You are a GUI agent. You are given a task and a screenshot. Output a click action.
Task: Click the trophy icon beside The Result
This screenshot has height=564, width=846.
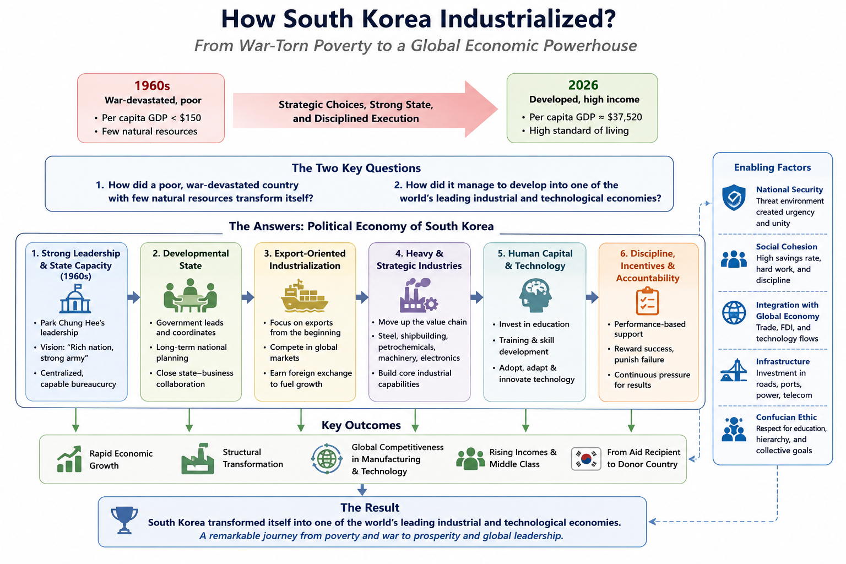coord(124,520)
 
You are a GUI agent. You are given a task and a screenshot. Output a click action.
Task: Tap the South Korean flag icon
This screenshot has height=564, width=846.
coord(586,459)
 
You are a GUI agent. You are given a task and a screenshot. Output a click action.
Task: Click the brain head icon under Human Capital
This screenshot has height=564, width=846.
coord(535,295)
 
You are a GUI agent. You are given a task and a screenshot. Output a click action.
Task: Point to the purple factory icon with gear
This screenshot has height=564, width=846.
coord(419,295)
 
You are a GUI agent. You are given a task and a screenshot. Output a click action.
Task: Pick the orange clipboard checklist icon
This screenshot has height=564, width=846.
coord(647,301)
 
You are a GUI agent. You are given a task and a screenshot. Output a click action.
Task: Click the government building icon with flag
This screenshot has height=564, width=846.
coord(75,299)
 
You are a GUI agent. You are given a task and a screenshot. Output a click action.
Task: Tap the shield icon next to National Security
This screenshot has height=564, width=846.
coord(734,197)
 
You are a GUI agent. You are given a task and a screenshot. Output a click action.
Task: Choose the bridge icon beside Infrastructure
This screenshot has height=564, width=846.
coord(734,370)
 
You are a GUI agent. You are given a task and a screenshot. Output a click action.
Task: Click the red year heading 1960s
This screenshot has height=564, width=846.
coord(152,86)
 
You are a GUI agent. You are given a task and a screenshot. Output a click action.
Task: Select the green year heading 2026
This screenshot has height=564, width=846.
coord(583,85)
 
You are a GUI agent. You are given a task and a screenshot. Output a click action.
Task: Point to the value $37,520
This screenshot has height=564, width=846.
coord(625,117)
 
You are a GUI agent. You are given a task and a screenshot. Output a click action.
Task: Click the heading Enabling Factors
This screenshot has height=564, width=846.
coord(772,167)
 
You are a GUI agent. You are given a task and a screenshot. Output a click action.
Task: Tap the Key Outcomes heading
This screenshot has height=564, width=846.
coord(361,425)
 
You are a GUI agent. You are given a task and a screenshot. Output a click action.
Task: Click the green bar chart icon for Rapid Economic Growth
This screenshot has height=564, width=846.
coord(69,459)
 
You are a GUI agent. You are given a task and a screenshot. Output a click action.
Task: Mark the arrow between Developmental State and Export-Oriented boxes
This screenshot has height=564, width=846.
coord(248,297)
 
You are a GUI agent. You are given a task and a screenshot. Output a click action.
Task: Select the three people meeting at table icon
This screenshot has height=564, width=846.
coord(191,295)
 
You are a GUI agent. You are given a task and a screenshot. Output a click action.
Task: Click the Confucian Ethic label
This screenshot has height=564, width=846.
coord(787,417)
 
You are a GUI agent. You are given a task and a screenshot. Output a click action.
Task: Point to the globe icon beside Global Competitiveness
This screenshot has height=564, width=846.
coord(327,459)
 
